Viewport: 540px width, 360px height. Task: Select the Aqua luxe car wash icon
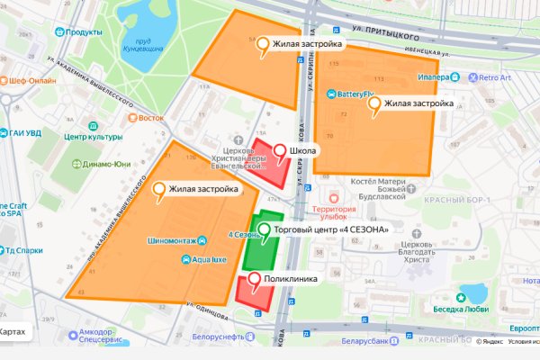click(x=185, y=259)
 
